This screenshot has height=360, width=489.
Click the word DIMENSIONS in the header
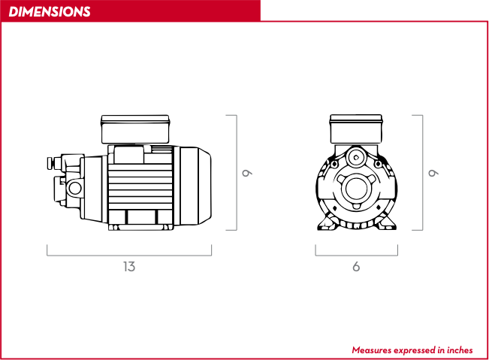(x=50, y=12)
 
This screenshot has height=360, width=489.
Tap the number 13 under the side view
(x=129, y=267)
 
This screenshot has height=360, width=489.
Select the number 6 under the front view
(x=356, y=267)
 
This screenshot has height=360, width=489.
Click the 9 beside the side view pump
(x=247, y=173)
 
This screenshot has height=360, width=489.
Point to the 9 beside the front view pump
(x=433, y=173)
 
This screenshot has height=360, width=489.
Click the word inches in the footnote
(x=460, y=350)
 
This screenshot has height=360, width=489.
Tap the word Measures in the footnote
(x=371, y=350)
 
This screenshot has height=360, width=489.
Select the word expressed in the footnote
(x=415, y=351)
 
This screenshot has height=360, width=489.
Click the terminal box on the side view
(x=135, y=129)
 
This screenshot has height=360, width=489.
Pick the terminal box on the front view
(x=356, y=129)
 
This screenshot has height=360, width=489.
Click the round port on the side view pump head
(x=75, y=188)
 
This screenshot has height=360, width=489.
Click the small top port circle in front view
(x=356, y=158)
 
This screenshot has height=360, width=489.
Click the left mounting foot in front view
(x=327, y=222)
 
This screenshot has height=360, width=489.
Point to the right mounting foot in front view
(x=386, y=222)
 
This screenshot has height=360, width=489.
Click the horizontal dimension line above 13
(x=129, y=256)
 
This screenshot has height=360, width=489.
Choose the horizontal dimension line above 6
(x=357, y=256)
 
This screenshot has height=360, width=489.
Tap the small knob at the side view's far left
(x=50, y=163)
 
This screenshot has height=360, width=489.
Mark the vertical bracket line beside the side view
(x=237, y=173)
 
